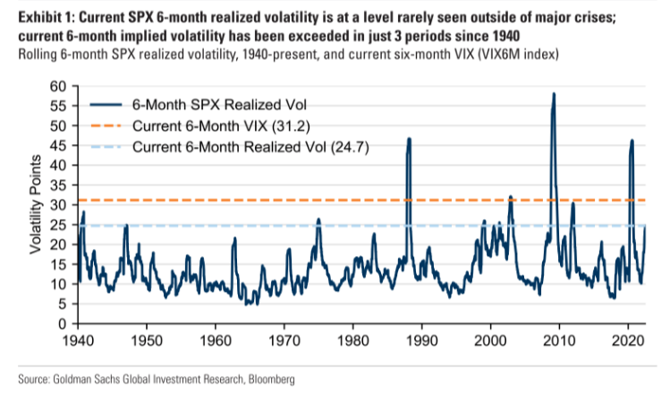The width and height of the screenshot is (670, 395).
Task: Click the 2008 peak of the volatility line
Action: click(x=554, y=94)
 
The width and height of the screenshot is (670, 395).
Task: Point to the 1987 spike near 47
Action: click(x=409, y=139)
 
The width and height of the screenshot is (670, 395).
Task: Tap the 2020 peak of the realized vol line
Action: click(x=632, y=141)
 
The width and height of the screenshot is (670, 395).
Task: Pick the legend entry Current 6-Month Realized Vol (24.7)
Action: click(x=237, y=145)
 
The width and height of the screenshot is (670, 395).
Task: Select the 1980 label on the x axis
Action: click(x=353, y=341)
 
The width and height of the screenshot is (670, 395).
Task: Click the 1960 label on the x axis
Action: click(x=216, y=341)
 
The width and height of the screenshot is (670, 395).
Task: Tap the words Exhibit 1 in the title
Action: click(x=38, y=13)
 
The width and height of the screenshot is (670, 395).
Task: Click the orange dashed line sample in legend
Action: click(x=106, y=125)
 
